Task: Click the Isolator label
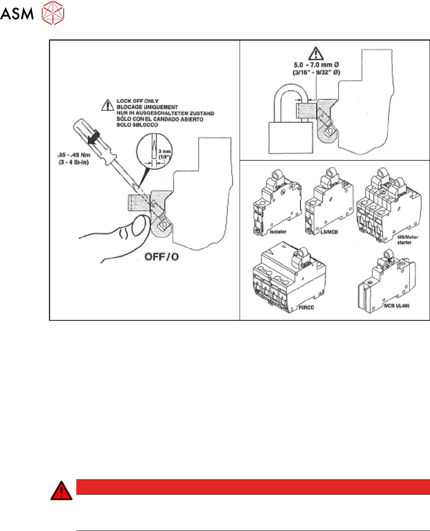[x=270, y=232]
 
